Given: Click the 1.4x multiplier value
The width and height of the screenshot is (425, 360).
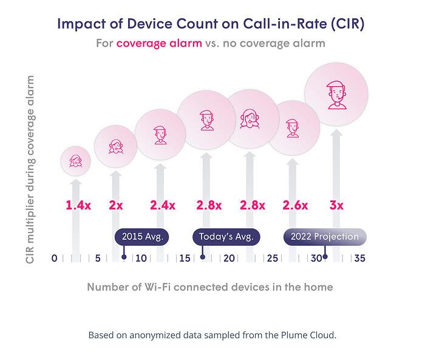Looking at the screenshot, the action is (78, 205).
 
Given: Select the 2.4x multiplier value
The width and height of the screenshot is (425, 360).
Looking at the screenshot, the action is (163, 205).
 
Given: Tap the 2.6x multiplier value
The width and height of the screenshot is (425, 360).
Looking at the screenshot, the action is (295, 205).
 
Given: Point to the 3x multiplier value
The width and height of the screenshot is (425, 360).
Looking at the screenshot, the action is (336, 205).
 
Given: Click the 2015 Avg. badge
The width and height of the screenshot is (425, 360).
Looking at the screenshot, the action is (142, 237).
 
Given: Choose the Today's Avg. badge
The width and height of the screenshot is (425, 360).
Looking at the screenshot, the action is (226, 237).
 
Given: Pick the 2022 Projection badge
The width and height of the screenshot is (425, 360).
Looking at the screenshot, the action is (325, 237).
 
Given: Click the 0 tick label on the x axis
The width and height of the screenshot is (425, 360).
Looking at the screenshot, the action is (54, 259).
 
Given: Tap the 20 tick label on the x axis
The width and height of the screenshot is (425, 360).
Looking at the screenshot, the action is (229, 259).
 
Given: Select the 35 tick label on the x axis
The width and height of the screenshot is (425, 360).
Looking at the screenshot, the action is (359, 259).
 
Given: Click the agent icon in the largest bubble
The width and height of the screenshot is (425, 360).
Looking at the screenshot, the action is (336, 95).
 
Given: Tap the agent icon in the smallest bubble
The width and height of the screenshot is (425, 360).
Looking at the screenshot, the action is (76, 161).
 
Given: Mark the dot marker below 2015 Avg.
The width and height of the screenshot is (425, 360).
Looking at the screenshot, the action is (124, 257).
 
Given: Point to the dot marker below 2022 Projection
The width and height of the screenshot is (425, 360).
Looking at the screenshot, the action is (325, 257).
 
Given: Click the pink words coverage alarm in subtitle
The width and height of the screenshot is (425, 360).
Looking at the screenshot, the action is (159, 43).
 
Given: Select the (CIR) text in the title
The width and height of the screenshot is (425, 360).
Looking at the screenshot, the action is (347, 24).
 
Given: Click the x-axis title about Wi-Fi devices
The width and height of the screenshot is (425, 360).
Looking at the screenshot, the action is (210, 287).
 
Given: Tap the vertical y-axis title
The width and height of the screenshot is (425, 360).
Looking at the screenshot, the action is (30, 169).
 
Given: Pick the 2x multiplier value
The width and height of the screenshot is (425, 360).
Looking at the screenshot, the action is (116, 205).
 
